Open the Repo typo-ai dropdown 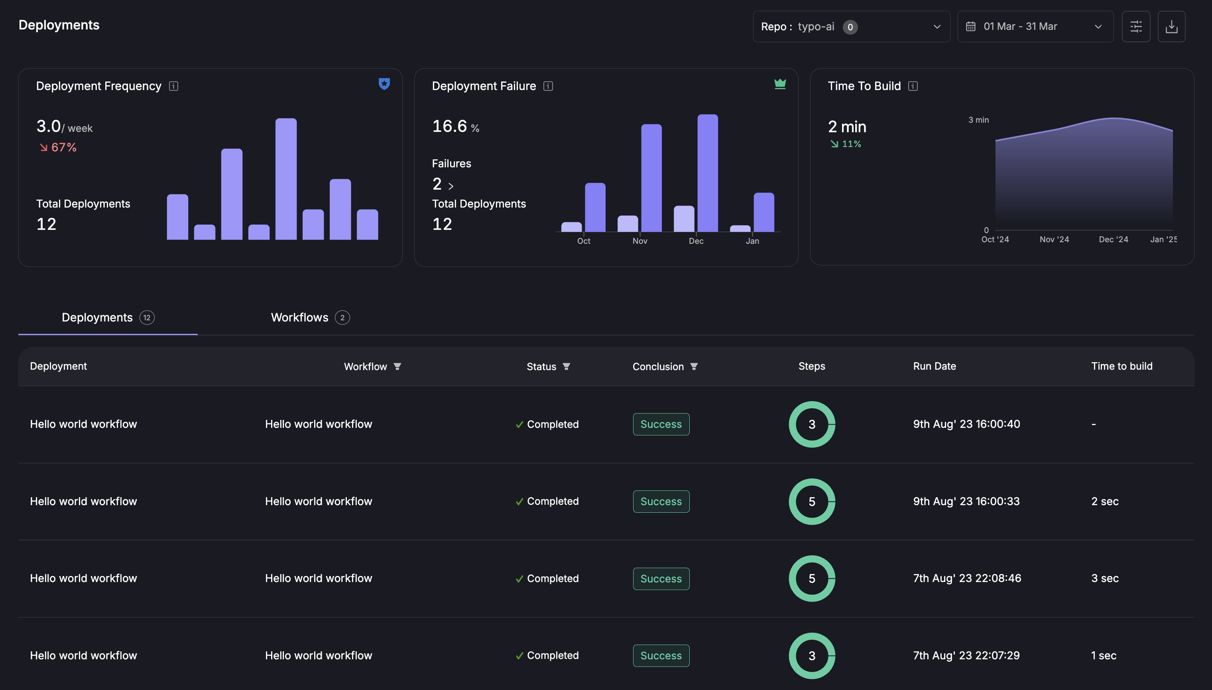[851, 27]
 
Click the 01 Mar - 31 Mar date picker [1035, 27]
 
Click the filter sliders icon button [1136, 27]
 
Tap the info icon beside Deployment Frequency [173, 86]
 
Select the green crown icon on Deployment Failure [780, 84]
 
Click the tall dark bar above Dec [708, 173]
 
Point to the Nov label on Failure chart [639, 241]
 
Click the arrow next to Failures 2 [451, 186]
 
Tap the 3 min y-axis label [978, 120]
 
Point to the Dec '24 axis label [1114, 239]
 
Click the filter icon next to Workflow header [397, 367]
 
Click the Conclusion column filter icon [694, 367]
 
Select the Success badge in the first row [661, 424]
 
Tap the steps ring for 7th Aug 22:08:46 [812, 578]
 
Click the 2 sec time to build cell [1105, 502]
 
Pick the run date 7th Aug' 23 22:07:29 [966, 655]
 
